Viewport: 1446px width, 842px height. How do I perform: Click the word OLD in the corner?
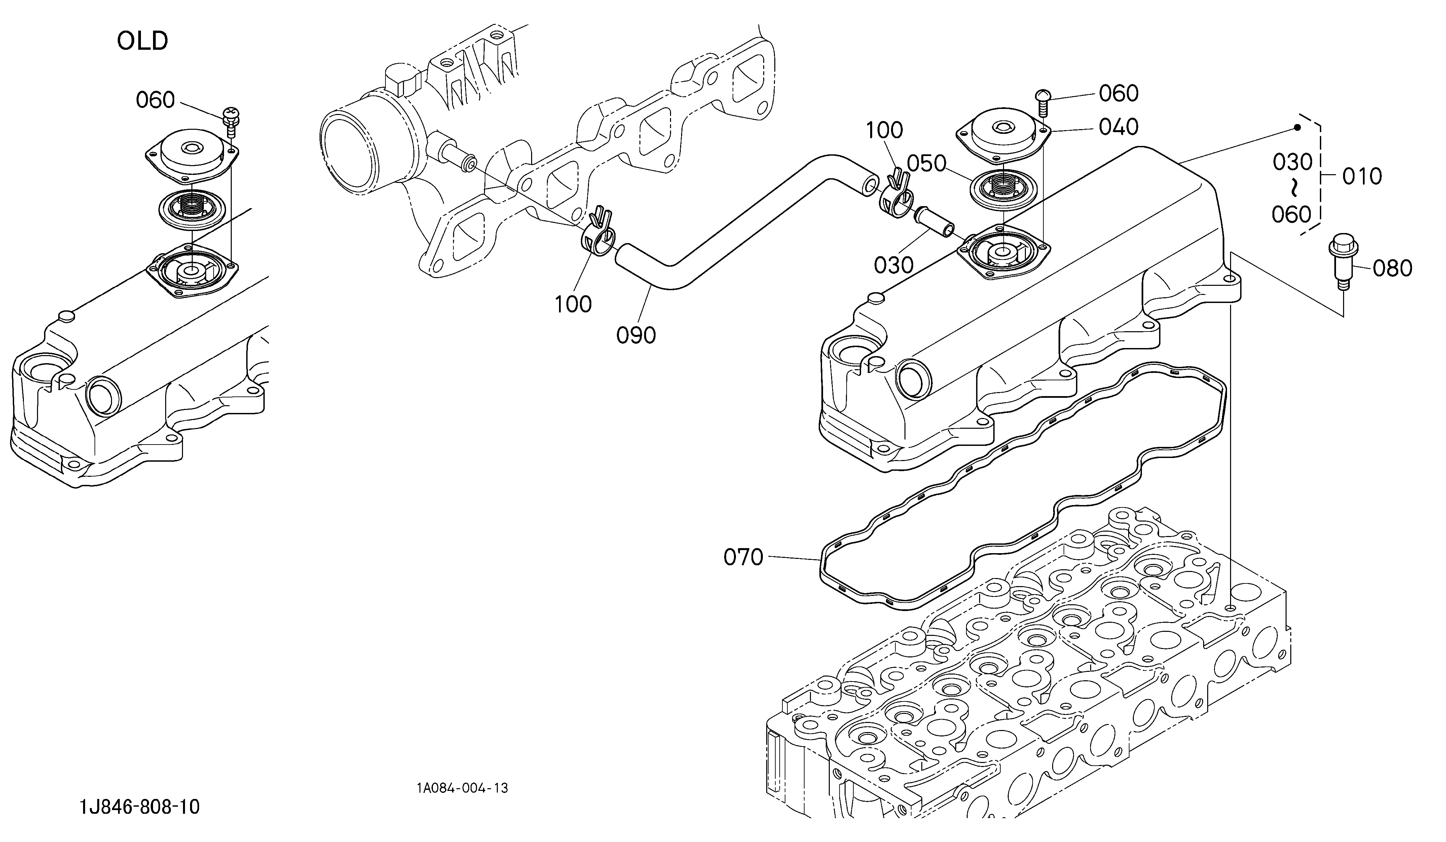point(142,41)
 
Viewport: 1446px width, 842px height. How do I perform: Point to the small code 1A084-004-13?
point(462,788)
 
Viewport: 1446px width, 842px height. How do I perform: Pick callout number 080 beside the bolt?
point(1393,268)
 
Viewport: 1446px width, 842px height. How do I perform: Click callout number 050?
point(926,163)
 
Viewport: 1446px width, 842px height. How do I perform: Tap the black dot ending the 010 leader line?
point(1296,127)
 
